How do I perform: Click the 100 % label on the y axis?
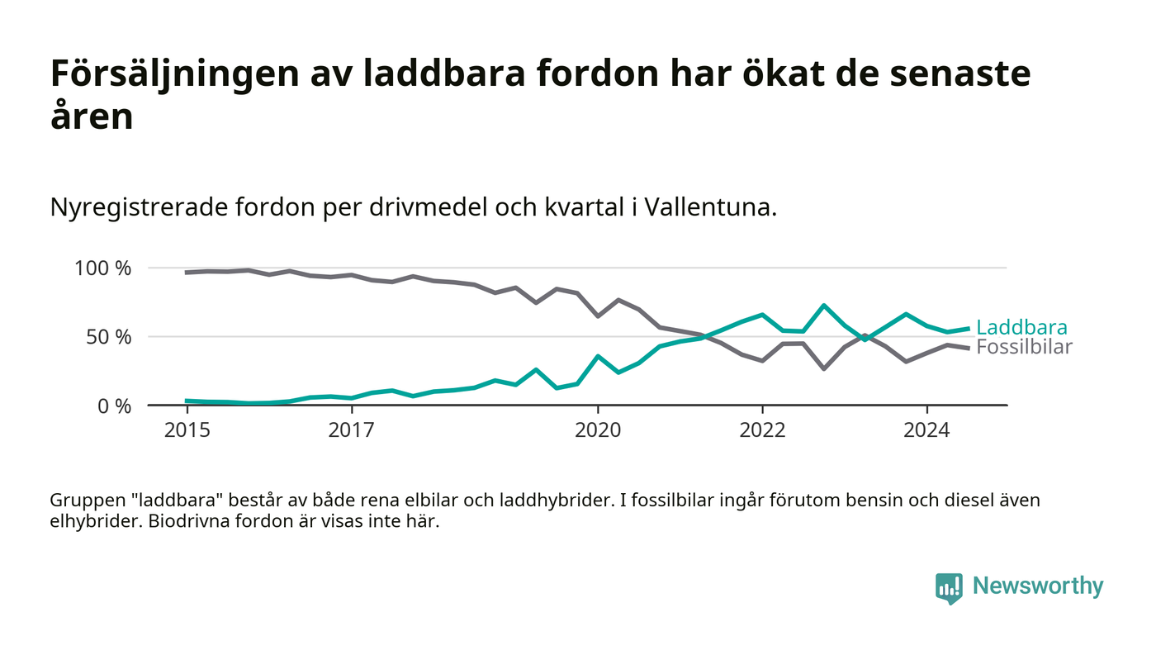(x=102, y=268)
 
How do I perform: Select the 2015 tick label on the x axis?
(x=187, y=430)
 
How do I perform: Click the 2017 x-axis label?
(x=351, y=430)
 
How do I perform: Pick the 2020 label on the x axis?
(x=598, y=430)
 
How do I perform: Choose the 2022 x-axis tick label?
(x=762, y=430)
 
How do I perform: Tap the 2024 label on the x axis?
(x=926, y=430)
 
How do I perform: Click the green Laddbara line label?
(x=1021, y=327)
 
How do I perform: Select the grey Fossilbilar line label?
(x=1024, y=347)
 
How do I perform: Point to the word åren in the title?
(x=92, y=116)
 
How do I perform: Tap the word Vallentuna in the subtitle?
(x=709, y=206)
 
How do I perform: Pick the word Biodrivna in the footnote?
(x=186, y=523)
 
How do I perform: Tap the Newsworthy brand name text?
(x=1037, y=586)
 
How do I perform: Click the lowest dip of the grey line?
(x=824, y=368)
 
